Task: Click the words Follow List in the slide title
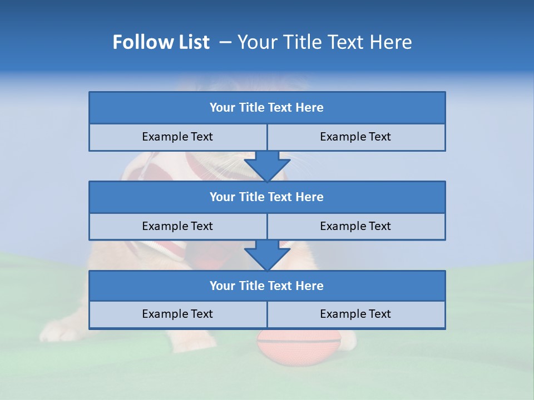161,42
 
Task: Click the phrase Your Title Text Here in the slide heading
324,42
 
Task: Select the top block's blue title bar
266,108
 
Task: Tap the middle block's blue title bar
266,197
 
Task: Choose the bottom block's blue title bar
266,286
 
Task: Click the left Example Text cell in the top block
177,137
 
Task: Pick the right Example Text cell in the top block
355,137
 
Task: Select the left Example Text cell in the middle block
177,226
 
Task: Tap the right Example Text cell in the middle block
355,226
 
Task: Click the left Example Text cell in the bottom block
177,314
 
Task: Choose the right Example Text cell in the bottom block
355,314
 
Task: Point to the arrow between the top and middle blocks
267,166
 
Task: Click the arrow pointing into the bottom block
267,255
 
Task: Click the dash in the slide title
225,42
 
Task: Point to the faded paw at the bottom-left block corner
61,332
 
